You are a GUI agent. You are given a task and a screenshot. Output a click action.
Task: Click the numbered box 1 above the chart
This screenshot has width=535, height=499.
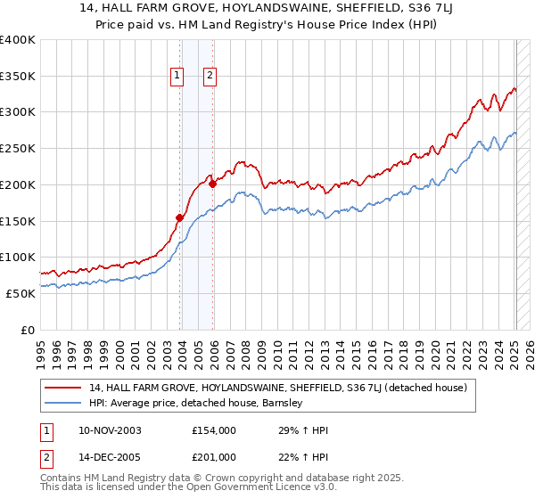point(177,77)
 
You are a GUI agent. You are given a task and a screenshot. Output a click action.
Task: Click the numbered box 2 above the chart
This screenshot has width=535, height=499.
point(210,77)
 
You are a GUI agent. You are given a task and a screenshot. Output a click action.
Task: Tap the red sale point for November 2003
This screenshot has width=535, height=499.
point(180,217)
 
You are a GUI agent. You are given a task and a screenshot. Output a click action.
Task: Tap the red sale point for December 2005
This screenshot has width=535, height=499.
point(213,184)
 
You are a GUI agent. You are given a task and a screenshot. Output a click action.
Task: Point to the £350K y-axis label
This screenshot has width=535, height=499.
point(18,77)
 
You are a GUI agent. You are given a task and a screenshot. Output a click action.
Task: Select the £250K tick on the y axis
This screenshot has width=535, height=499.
point(18,149)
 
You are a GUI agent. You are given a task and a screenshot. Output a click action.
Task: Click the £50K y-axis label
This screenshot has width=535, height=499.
point(21,293)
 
